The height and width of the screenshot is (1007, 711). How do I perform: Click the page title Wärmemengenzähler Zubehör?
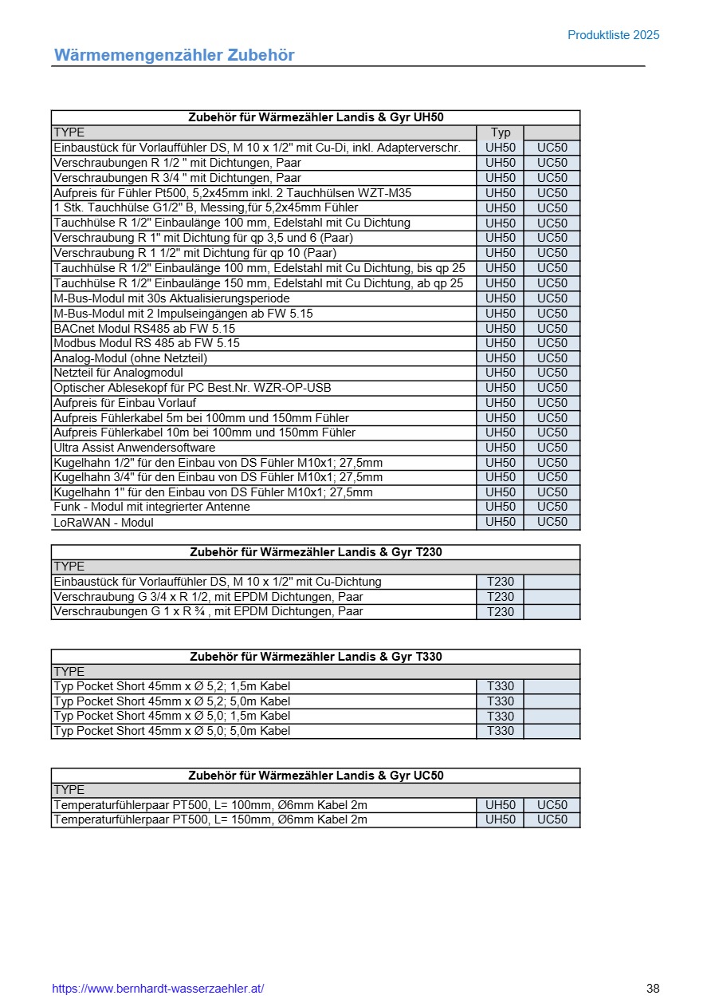coord(174,55)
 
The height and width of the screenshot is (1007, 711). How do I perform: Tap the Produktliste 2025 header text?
coord(613,35)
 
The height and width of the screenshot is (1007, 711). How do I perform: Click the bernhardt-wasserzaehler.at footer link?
coord(158,989)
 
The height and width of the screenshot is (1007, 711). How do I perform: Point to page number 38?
coord(653,989)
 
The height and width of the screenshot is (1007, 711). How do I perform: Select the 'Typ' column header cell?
coord(501,132)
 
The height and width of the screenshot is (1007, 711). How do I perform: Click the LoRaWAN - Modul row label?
coord(104,523)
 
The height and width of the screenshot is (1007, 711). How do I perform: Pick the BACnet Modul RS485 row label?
coord(144,328)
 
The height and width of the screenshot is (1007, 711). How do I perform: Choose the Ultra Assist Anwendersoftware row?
coord(134,448)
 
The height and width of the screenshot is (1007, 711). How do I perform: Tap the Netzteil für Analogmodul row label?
coord(118,373)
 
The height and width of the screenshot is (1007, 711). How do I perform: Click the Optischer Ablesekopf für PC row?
coord(191,388)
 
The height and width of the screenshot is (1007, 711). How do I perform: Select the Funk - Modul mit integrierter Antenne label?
coord(151,507)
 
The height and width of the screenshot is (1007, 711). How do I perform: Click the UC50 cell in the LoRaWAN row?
coord(552,522)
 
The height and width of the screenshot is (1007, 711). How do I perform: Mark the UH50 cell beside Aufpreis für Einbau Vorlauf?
coord(501,403)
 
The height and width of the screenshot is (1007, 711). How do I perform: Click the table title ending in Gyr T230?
coord(316,552)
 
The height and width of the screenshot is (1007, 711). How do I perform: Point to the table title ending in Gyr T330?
coord(316,657)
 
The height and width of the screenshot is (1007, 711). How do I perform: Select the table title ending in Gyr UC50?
coord(316,776)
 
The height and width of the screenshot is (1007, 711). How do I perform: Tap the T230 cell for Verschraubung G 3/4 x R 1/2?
coord(501,597)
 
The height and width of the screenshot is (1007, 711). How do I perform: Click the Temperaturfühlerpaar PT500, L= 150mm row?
coord(210,819)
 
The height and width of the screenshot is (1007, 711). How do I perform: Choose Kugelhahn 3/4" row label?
coord(218,477)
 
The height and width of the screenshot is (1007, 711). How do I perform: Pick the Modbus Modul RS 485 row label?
coord(146,343)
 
